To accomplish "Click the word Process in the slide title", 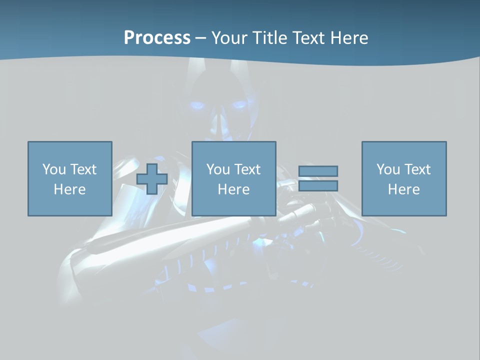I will click(x=157, y=38).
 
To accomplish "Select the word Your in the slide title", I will click(x=229, y=38).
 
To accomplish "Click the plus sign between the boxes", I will click(x=152, y=179).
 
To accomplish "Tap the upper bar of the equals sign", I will click(x=318, y=171).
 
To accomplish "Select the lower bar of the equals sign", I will click(x=318, y=186).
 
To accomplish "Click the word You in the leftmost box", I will click(x=53, y=169).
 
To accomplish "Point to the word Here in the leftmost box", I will click(x=69, y=189).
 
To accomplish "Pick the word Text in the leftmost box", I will click(x=82, y=169).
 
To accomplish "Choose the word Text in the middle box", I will click(x=247, y=169).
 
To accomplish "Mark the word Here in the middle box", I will click(x=233, y=189).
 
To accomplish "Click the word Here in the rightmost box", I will click(x=403, y=189).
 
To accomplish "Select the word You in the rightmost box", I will click(x=388, y=169).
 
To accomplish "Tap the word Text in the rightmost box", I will click(x=417, y=169).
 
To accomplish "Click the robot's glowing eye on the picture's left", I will click(x=197, y=105).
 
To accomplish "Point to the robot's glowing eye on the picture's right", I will click(x=238, y=105).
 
